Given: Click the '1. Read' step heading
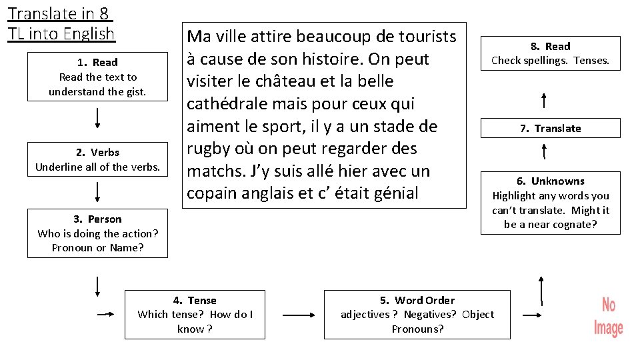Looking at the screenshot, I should (x=97, y=62).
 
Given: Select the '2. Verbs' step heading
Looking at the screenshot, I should (x=97, y=152).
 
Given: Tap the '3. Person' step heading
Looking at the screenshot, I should (x=97, y=219).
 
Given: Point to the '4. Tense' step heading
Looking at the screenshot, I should (x=195, y=300).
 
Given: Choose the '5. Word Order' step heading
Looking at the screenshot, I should (x=417, y=300).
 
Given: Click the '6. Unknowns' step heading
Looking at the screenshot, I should (x=551, y=181).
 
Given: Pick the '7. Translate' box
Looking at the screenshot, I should (x=551, y=128).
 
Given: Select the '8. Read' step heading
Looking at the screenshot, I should (x=551, y=46).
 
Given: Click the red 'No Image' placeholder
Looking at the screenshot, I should (x=608, y=317).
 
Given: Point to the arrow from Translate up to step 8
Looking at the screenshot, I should (x=545, y=101).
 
